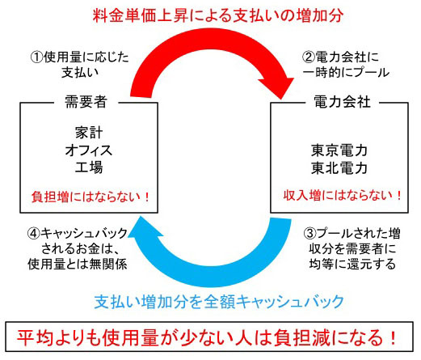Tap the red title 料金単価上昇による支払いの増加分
pyautogui.click(x=218, y=15)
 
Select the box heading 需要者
pyautogui.click(x=86, y=102)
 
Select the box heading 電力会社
pyautogui.click(x=342, y=102)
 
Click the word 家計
pyautogui.click(x=89, y=133)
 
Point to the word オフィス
pyautogui.click(x=89, y=150)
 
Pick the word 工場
pyautogui.click(x=89, y=167)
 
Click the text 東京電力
pyautogui.click(x=339, y=150)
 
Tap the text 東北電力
pyautogui.click(x=339, y=167)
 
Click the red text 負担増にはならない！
pyautogui.click(x=91, y=197)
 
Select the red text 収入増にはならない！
pyautogui.click(x=343, y=195)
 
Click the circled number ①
pyautogui.click(x=36, y=57)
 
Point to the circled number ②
pyautogui.click(x=309, y=57)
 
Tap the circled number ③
pyautogui.click(x=310, y=233)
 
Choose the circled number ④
pyautogui.click(x=34, y=233)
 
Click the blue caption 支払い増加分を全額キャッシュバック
pyautogui.click(x=219, y=302)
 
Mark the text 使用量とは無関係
pyautogui.click(x=78, y=264)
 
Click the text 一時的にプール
pyautogui.click(x=347, y=73)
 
